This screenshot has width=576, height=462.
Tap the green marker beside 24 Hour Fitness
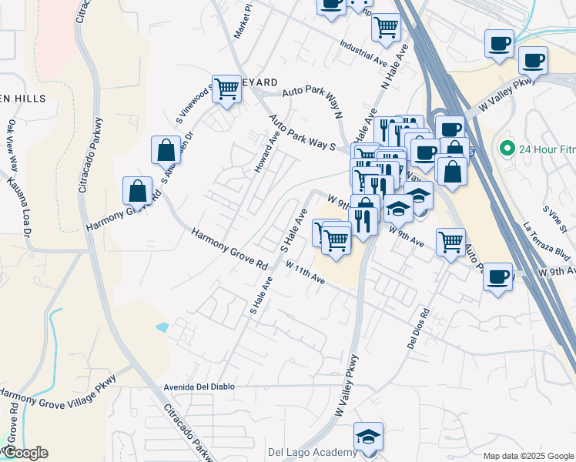507,148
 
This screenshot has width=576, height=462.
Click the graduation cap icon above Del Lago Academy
369,436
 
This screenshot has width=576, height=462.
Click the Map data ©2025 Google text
528,456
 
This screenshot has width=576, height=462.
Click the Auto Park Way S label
303,133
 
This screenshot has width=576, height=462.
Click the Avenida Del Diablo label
208,387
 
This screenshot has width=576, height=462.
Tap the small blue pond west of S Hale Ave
162,326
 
